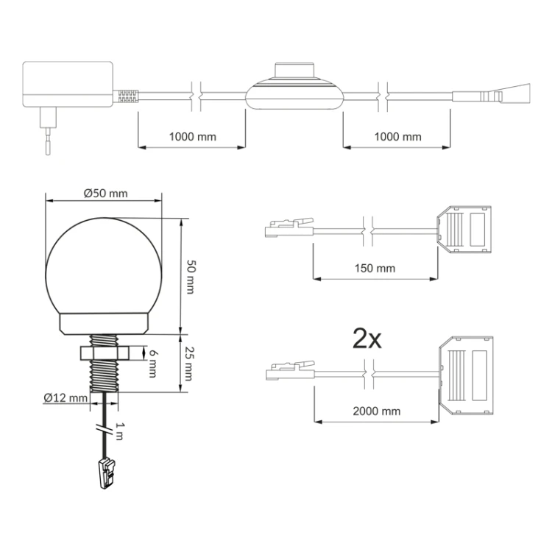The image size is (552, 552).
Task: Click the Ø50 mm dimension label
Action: point(105,194)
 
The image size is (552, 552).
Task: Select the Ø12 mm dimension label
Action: point(66,397)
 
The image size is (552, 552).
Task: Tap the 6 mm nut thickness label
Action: point(152,364)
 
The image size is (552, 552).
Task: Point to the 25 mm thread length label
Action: point(188,364)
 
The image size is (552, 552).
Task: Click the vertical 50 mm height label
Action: point(190,277)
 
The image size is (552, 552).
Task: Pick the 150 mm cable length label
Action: point(375,268)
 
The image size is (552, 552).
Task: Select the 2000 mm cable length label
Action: point(377,411)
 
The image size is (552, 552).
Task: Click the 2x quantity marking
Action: point(367,339)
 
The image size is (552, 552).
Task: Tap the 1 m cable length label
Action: point(120,431)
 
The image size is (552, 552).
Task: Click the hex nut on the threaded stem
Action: point(105,353)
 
